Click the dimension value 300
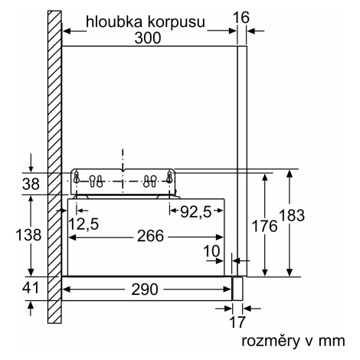pyautogui.click(x=148, y=38)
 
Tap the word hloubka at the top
pyautogui.click(x=114, y=21)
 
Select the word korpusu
pyautogui.click(x=176, y=23)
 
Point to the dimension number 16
pyautogui.click(x=241, y=18)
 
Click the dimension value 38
pyautogui.click(x=31, y=184)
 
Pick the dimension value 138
pyautogui.click(x=28, y=235)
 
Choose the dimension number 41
pyautogui.click(x=31, y=288)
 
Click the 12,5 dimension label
pyautogui.click(x=83, y=224)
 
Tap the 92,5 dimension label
pyautogui.click(x=196, y=211)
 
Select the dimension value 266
pyautogui.click(x=150, y=236)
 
